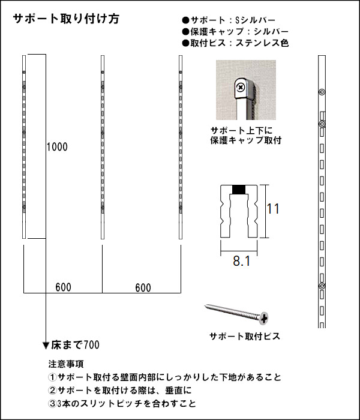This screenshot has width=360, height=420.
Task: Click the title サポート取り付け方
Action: tap(66, 19)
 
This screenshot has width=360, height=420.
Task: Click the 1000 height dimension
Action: tap(57, 147)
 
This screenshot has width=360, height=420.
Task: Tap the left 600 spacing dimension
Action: tap(64, 287)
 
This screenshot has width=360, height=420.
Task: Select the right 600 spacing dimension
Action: tap(143, 288)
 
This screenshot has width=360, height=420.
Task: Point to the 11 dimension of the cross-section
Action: tap(273, 209)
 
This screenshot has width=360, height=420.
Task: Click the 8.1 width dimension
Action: tap(242, 261)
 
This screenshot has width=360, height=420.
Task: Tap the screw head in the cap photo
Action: tap(241, 87)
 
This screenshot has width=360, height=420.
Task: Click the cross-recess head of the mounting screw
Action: tap(264, 318)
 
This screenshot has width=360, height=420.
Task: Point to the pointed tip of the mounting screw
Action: tap(206, 305)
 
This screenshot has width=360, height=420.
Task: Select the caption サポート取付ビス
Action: tap(245, 337)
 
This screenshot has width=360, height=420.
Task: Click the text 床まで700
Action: tap(75, 345)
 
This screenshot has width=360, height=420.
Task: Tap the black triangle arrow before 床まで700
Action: tap(46, 346)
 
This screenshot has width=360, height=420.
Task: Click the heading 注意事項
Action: tap(66, 364)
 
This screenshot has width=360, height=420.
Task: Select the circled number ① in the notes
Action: tap(53, 377)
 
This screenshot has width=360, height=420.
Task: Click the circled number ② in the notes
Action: tap(53, 391)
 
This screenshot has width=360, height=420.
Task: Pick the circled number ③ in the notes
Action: tap(53, 404)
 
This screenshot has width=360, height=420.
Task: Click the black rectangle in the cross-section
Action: tap(239, 190)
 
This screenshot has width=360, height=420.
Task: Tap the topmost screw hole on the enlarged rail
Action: tap(322, 92)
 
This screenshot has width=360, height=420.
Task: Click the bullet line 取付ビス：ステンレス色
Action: tap(235, 43)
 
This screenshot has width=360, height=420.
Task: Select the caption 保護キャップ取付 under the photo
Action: tap(246, 140)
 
